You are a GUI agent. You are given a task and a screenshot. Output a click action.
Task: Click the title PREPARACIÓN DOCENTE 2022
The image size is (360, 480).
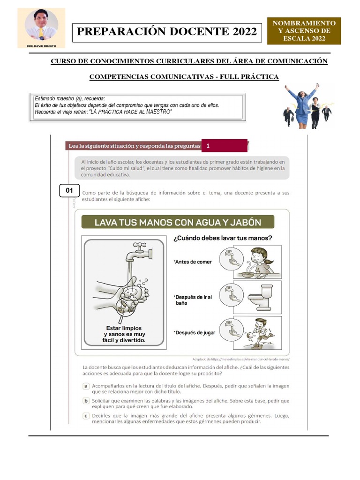coord(166,32)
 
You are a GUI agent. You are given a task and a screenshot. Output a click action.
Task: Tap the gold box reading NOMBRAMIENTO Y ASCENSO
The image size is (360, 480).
coord(304,31)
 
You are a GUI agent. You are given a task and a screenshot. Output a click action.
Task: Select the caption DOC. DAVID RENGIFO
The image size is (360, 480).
coord(41,46)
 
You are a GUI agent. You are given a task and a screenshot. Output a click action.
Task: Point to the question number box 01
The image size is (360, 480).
coord(69,190)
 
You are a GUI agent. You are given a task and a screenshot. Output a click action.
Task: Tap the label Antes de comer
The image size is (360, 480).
coord(193,262)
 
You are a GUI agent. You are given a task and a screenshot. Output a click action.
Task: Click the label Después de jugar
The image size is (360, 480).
coord(194,333)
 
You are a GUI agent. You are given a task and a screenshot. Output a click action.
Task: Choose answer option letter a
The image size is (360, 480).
coord(86,386)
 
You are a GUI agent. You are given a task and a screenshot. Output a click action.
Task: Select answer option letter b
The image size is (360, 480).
coord(86,401)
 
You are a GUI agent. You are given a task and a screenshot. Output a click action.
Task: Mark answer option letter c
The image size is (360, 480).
coord(86,416)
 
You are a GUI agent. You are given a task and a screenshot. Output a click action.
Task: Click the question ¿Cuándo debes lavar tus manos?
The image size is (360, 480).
coord(223,238)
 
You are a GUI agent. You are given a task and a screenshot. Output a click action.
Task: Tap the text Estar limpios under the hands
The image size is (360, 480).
coord(124,328)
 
